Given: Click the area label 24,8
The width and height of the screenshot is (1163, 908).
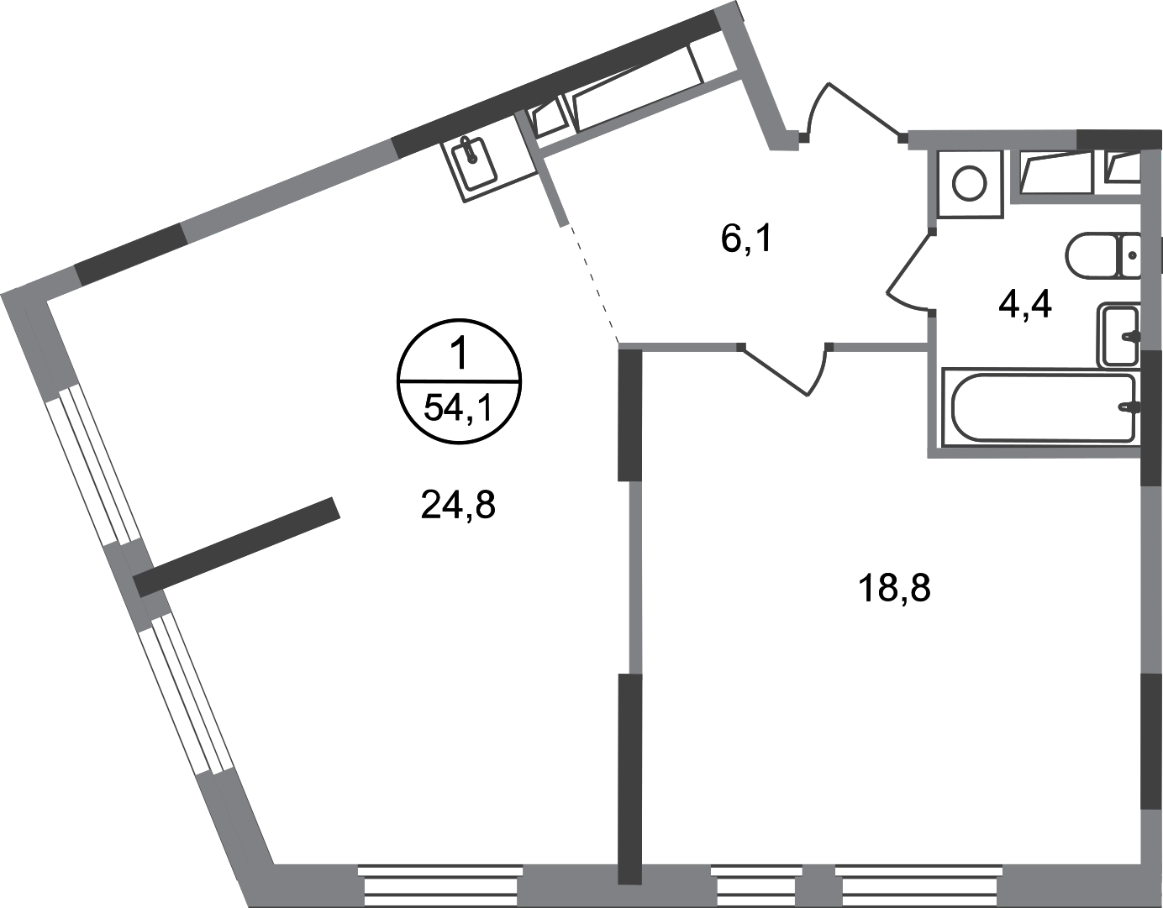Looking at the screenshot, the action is coord(458,506).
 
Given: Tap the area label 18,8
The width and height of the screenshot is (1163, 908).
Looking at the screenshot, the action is coord(894,589).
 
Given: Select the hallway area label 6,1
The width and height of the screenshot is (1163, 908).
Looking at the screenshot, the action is coord(746,239).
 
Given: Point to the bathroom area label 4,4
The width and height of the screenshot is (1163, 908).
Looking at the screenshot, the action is coord(1025,304).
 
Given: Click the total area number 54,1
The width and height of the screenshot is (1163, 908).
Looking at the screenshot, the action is coord(458,410).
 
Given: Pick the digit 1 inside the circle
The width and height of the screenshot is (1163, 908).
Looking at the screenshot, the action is coord(459,355).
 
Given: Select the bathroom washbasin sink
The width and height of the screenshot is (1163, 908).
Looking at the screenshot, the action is coord(1118,336).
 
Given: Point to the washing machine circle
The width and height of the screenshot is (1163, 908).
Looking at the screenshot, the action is coord(969,183).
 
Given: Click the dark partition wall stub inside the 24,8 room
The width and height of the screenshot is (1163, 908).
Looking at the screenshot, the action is coord(237,547).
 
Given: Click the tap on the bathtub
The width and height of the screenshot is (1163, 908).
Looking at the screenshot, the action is coord(1129,407).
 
